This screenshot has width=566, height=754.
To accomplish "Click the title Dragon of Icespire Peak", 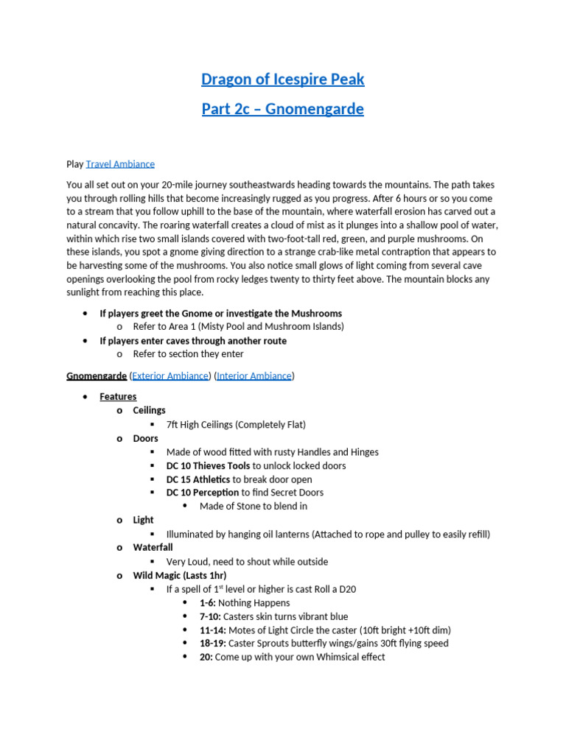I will [283, 79].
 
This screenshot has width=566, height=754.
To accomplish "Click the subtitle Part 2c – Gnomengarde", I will [283, 109].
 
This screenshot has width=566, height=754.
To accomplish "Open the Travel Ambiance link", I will [120, 164].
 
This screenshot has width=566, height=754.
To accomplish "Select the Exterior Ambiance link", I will [170, 376].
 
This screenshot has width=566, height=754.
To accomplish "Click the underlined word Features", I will [118, 397].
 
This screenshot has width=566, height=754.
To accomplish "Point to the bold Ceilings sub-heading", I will [149, 410].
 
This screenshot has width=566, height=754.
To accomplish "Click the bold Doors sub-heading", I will [145, 438].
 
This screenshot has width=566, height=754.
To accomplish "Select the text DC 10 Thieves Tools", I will [208, 465].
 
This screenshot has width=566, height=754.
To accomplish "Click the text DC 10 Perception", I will [203, 493].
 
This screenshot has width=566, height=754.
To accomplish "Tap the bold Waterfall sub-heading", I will [153, 548].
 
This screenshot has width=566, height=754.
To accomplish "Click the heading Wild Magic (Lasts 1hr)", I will [179, 575].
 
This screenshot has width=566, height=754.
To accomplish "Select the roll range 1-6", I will [207, 603].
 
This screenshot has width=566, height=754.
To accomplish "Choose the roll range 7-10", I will [209, 616].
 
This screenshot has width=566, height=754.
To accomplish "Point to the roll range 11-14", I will [212, 630].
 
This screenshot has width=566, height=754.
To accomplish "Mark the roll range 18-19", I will [212, 644].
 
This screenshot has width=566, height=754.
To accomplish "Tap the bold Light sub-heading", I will [143, 520].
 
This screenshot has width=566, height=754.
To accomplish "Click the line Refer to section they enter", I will [188, 354].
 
